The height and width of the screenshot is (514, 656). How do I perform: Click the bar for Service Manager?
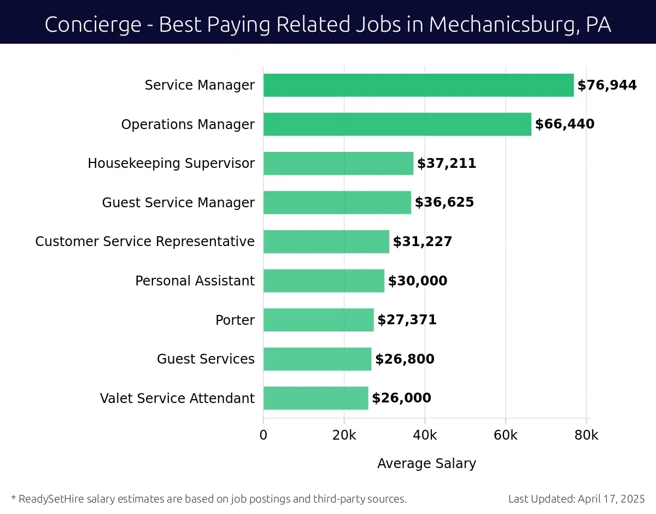tap(418, 85)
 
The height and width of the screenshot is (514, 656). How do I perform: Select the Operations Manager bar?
tap(397, 124)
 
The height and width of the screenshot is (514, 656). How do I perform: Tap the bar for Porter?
tap(318, 320)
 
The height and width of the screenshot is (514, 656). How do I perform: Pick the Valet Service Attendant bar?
tap(315, 398)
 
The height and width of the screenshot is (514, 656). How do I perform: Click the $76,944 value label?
tap(607, 85)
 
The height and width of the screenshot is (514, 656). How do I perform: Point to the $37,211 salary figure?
tap(447, 163)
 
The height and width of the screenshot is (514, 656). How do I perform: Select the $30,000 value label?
tap(418, 281)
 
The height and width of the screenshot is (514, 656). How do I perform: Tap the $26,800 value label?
tap(405, 359)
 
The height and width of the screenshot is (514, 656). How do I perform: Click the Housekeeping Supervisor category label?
tap(171, 163)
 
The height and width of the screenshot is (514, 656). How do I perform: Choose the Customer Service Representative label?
tap(145, 242)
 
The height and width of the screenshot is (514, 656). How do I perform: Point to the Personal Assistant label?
tap(195, 281)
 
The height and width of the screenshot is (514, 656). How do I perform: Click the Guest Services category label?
tap(206, 359)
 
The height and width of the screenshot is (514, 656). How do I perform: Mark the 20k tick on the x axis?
tap(344, 435)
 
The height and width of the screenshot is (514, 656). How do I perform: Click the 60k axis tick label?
tap(506, 435)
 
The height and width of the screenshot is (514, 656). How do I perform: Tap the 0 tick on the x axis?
tap(263, 435)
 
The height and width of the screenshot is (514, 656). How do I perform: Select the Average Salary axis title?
tap(426, 464)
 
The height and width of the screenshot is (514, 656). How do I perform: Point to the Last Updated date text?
tap(576, 499)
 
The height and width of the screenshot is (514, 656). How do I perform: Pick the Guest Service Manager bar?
tap(337, 203)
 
